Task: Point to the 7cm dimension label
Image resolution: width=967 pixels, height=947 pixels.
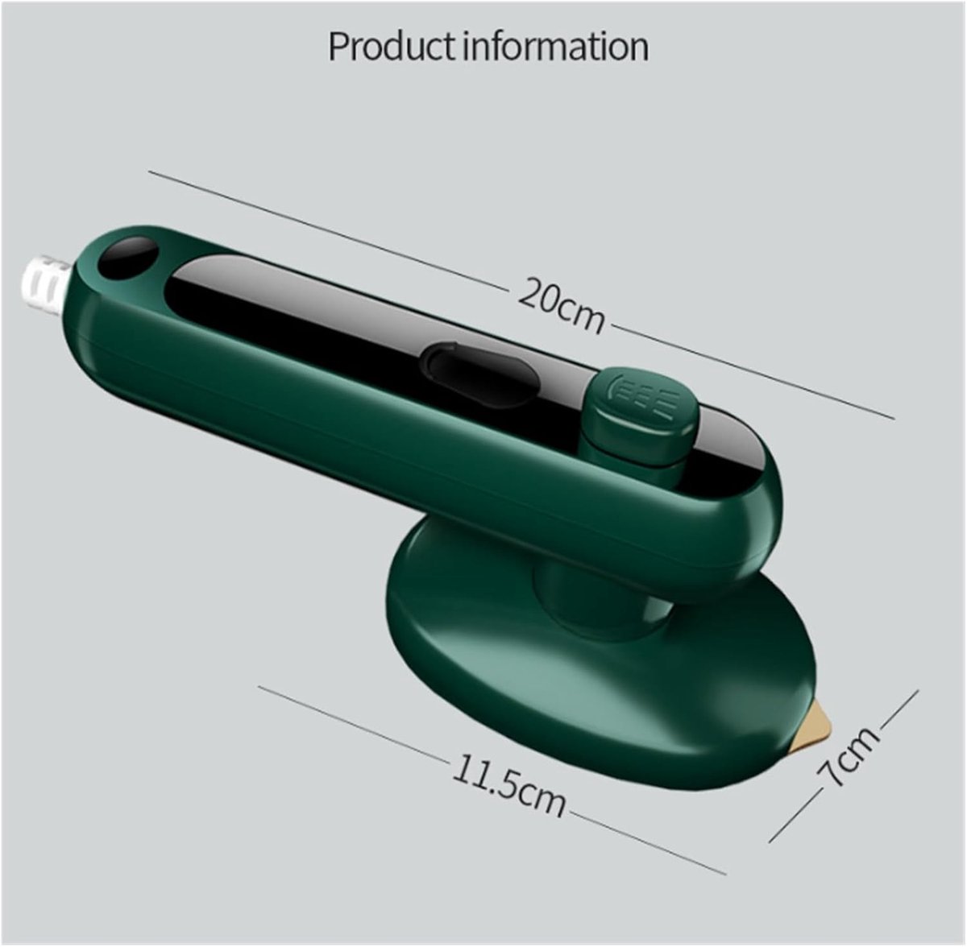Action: pos(847,755)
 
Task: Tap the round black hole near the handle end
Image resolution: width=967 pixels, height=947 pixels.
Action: pos(128,258)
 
